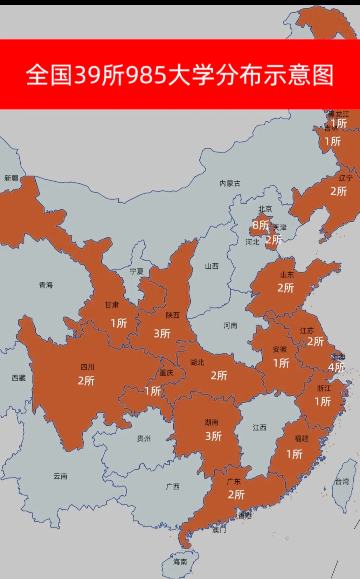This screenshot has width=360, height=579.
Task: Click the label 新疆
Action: tap(11, 178)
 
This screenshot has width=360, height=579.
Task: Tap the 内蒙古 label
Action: tap(230, 183)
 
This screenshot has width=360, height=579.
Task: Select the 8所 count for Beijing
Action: tap(261, 225)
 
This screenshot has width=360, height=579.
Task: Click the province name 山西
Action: tap(212, 266)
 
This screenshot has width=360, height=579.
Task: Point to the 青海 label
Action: tap(46, 285)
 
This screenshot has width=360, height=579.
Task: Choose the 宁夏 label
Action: tap(137, 271)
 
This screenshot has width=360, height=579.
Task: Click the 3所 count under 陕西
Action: tap(162, 334)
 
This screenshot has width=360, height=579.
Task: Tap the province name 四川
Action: tap(88, 367)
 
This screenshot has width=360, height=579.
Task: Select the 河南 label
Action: tap(230, 326)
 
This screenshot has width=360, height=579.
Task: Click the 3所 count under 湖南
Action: tap(214, 437)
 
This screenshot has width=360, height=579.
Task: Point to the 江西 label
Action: tap(260, 428)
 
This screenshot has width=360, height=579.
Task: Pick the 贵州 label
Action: tap(144, 439)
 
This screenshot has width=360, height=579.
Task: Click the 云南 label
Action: tap(60, 476)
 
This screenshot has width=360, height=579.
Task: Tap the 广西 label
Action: tap(173, 487)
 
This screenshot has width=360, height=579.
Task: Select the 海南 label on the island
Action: tap(180, 562)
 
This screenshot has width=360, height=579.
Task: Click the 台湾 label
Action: tap(342, 482)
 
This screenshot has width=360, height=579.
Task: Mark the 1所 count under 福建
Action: tap(294, 454)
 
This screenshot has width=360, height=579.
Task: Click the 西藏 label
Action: tap(19, 378)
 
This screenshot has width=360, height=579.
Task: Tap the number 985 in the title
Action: tap(146, 75)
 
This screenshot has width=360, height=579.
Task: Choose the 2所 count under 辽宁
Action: tap(339, 191)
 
